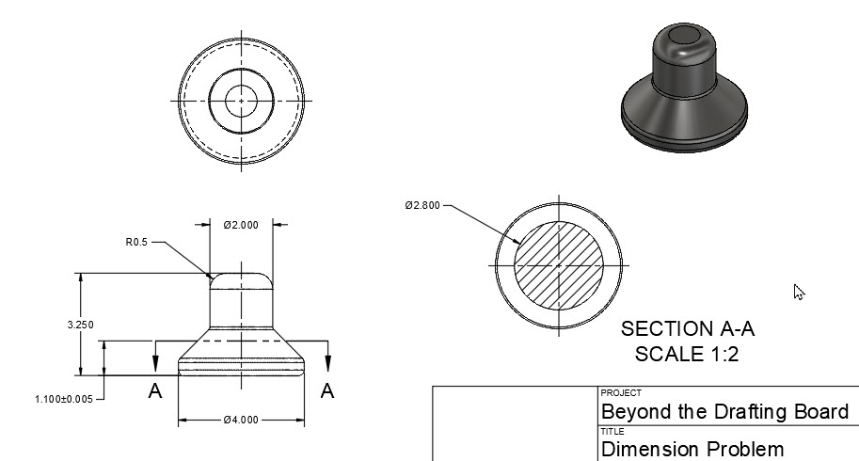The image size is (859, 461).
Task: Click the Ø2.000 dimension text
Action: tap(241, 225)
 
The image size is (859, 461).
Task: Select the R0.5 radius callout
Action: tap(137, 242)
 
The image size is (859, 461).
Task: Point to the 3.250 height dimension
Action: tap(81, 325)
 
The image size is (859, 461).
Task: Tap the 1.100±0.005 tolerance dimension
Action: tap(64, 399)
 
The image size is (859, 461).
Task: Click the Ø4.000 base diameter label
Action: tap(241, 420)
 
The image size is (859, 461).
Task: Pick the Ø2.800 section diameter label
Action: tap(422, 205)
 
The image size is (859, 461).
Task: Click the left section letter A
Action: tap(155, 391)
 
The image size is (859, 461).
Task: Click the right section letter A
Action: tap(327, 391)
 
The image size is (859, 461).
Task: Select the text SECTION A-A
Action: tap(688, 329)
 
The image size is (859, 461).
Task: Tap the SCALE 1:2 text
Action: tap(688, 354)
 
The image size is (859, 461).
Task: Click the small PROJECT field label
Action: tap(620, 393)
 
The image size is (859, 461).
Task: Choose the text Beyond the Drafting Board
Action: tap(724, 411)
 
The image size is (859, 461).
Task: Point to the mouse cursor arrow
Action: tap(799, 292)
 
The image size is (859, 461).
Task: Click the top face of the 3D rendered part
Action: tap(684, 37)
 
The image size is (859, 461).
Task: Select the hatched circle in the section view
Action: tap(559, 264)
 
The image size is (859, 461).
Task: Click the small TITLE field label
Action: tap(612, 430)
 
